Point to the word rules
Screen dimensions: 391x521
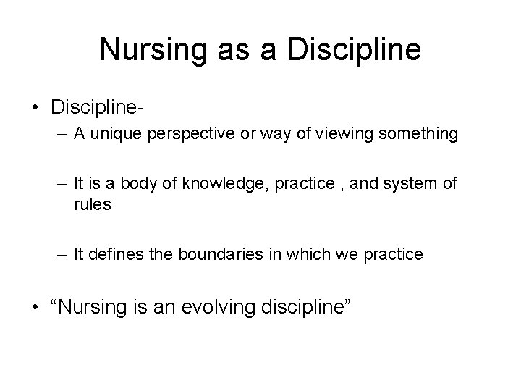pos(93,205)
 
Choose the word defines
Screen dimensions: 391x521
pos(119,255)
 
